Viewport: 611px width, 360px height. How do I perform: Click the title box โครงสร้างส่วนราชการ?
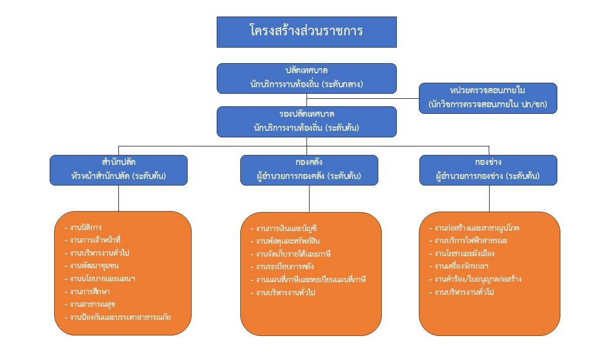pyautogui.click(x=307, y=32)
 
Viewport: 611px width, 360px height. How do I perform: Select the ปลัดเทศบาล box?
pyautogui.click(x=307, y=78)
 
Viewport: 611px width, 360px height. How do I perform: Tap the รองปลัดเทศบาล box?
pyautogui.click(x=307, y=121)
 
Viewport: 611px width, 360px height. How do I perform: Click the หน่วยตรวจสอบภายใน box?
pyautogui.click(x=488, y=98)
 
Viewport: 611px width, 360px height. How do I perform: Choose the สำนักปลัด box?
pyautogui.click(x=118, y=170)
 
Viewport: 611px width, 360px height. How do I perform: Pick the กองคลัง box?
pyautogui.click(x=309, y=170)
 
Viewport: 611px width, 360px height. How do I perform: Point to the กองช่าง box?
pyautogui.click(x=488, y=170)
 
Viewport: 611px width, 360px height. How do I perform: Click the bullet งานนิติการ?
pyautogui.click(x=86, y=227)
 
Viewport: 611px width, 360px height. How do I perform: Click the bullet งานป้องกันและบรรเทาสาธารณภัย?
pyautogui.click(x=120, y=317)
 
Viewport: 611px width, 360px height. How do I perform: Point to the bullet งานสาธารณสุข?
pyautogui.click(x=93, y=304)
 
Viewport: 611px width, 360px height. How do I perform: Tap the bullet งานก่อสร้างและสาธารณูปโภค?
pyautogui.click(x=477, y=228)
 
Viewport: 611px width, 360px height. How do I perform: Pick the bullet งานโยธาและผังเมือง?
pyautogui.click(x=465, y=253)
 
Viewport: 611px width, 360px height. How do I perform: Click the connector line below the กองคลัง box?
pyautogui.click(x=309, y=199)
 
